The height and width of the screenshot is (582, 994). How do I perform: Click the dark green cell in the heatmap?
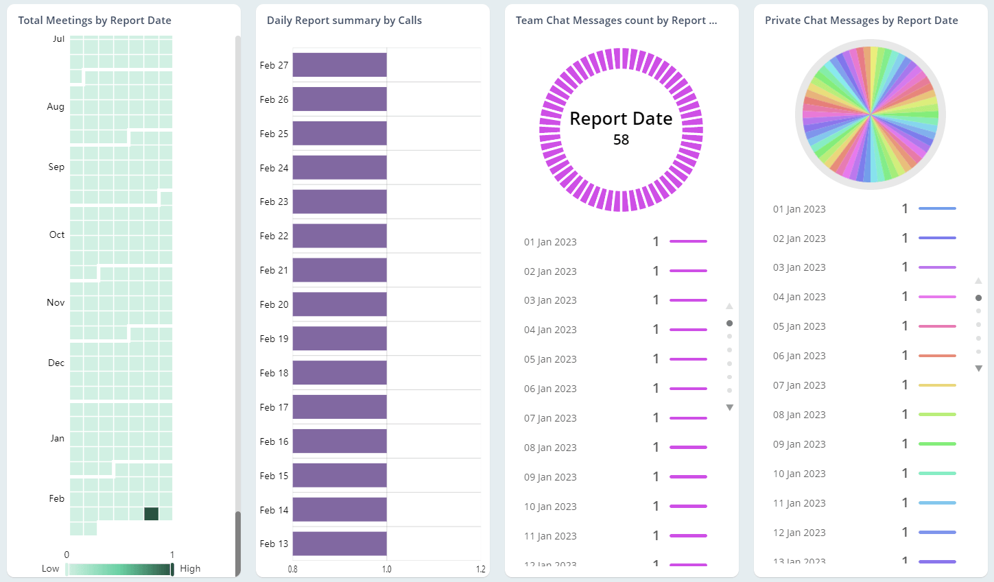[152, 513]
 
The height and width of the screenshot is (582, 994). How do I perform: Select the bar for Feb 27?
[340, 65]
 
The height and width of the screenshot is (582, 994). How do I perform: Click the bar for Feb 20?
[340, 304]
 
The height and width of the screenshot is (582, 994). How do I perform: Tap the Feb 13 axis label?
[274, 544]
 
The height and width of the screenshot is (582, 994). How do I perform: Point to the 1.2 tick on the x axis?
[480, 569]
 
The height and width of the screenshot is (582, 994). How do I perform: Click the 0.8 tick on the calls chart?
[293, 569]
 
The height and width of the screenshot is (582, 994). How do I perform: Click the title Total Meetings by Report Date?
[95, 21]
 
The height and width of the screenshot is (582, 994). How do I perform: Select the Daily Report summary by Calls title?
[344, 21]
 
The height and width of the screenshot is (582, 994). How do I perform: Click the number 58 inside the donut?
[621, 140]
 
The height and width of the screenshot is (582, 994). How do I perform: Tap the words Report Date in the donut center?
[621, 119]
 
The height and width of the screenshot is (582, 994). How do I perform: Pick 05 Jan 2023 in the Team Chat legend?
[550, 359]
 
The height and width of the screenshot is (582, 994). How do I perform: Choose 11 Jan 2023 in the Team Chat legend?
[550, 536]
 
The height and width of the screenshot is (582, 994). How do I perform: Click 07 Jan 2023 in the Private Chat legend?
[799, 385]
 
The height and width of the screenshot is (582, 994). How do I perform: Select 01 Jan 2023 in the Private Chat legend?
[799, 209]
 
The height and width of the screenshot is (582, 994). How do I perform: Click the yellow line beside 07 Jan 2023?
[937, 385]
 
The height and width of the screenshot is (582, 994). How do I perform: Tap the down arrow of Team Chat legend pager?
[729, 408]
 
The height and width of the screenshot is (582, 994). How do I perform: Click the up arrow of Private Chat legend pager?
[978, 281]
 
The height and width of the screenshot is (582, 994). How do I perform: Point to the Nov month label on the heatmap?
[56, 302]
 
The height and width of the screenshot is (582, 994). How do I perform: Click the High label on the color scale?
[190, 568]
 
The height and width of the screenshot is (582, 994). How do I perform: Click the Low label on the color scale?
[50, 568]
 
